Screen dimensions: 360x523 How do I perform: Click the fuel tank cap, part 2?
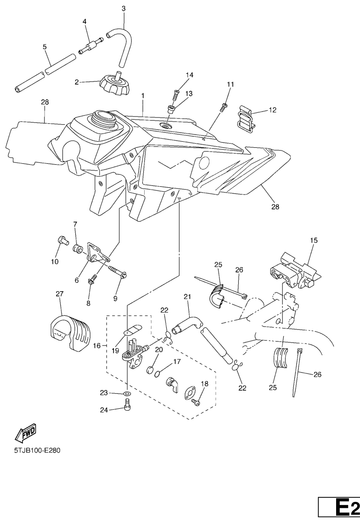point(113,83)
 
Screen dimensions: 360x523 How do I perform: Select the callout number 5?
point(45,47)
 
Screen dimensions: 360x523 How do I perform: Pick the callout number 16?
point(96,346)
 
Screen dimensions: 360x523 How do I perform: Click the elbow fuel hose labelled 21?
point(187,325)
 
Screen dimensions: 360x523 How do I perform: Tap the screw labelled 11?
point(224,107)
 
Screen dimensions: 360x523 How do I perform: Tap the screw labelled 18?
point(196,403)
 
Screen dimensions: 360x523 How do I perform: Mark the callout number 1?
point(143,96)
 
